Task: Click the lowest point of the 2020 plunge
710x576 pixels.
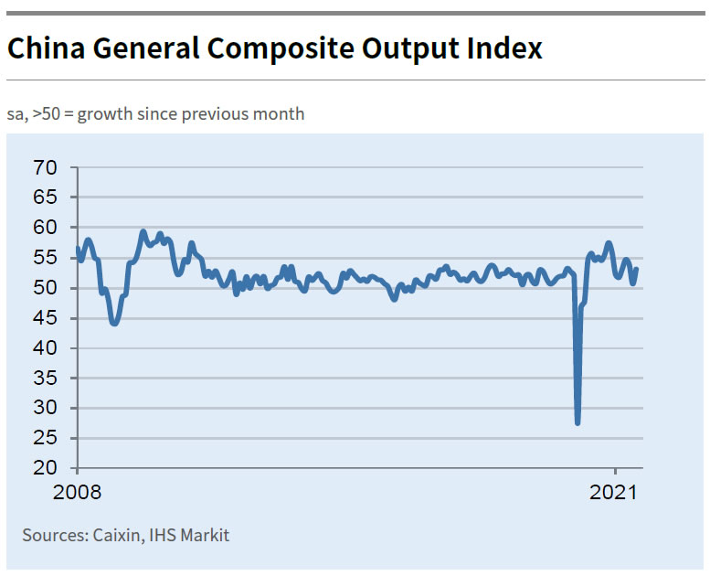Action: pyautogui.click(x=578, y=422)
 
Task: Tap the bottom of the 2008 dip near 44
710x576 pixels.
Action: pyautogui.click(x=114, y=323)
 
